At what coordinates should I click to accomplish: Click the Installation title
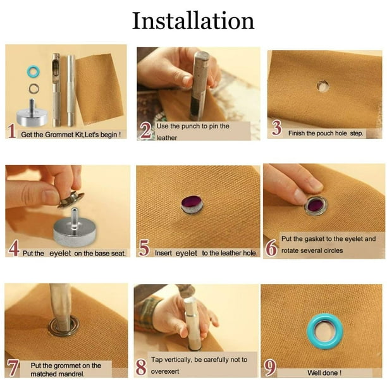click(x=193, y=21)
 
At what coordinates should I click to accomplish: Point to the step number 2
click(x=146, y=130)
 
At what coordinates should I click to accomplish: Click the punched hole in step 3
click(x=323, y=85)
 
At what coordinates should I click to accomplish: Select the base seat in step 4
click(x=75, y=228)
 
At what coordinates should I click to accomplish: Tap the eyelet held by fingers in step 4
click(x=71, y=199)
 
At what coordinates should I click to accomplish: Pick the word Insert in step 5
click(x=163, y=253)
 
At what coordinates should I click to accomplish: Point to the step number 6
click(x=271, y=248)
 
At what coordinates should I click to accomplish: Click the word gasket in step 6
click(x=314, y=239)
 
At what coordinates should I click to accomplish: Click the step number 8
click(x=141, y=367)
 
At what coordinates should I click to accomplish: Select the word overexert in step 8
click(x=165, y=371)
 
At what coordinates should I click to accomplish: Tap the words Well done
click(x=324, y=372)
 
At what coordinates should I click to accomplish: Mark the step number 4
click(x=14, y=249)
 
